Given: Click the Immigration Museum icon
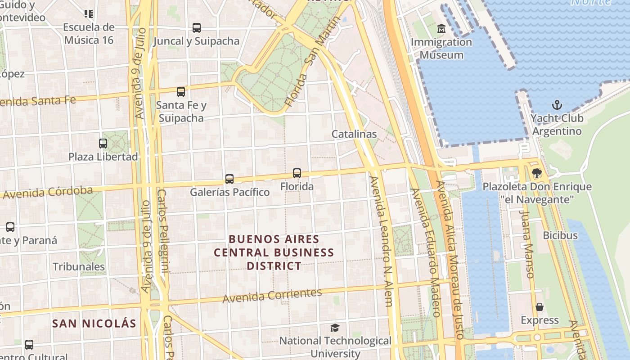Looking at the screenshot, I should pos(441,29).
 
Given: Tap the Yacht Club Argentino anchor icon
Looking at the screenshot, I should pos(557,105).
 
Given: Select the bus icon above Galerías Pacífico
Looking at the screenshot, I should pos(229,179).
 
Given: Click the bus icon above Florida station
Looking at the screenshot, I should pos(297,173).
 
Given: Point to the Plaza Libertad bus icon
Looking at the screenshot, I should pos(103,144).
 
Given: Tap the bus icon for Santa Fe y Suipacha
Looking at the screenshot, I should pos(181,92).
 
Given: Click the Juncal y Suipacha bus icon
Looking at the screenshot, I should pos(197,28).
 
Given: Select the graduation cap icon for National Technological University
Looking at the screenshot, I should pos(335,328).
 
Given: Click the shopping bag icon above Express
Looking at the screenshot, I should pos(540,307).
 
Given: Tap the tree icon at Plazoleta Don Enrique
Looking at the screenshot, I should pos(536,173).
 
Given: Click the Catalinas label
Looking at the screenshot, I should pos(354,134).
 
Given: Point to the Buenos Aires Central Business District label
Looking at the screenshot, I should pos(274,252).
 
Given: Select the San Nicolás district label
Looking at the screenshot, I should pos(94,323).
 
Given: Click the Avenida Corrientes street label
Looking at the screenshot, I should pos(272,295).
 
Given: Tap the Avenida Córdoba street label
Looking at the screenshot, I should pos(48,193).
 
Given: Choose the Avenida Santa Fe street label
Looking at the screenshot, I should pos(38,100).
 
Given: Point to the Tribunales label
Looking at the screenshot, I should pos(79,266).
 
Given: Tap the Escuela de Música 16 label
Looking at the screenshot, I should pos(89,34).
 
